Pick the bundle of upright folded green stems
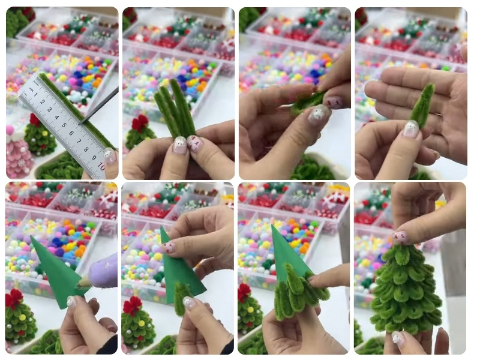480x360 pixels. pos(175,111)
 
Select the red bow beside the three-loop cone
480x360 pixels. pos(244,292)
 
